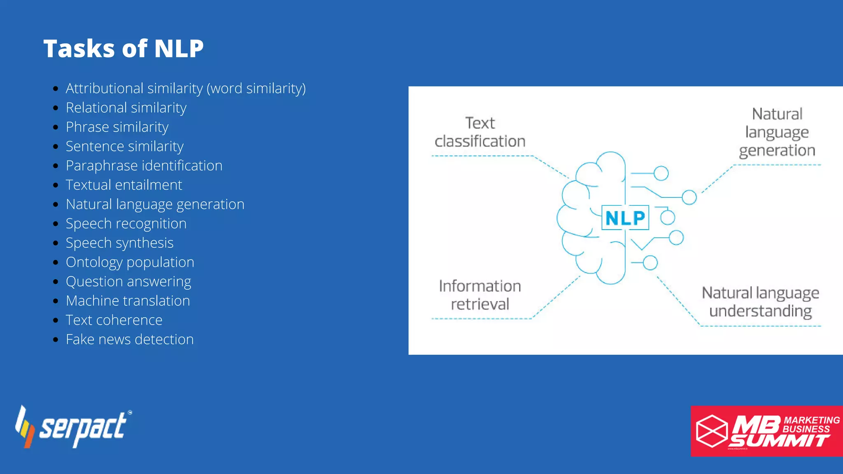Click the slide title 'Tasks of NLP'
tap(123, 49)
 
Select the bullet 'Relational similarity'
tap(126, 108)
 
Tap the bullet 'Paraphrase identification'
tap(144, 166)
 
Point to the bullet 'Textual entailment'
tap(123, 185)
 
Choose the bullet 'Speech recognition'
tap(126, 224)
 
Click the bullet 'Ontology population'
tap(130, 263)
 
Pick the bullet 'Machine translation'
tap(128, 301)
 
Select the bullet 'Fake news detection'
tap(130, 340)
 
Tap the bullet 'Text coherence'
tap(114, 321)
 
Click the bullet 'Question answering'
tap(128, 282)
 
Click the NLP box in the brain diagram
tap(625, 218)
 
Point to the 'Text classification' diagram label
tap(480, 132)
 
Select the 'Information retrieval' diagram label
tap(480, 295)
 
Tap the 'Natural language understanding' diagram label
tap(760, 302)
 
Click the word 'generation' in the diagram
tap(777, 151)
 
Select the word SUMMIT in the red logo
tap(779, 441)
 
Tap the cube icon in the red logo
tap(712, 431)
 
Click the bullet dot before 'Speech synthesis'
tap(56, 244)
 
